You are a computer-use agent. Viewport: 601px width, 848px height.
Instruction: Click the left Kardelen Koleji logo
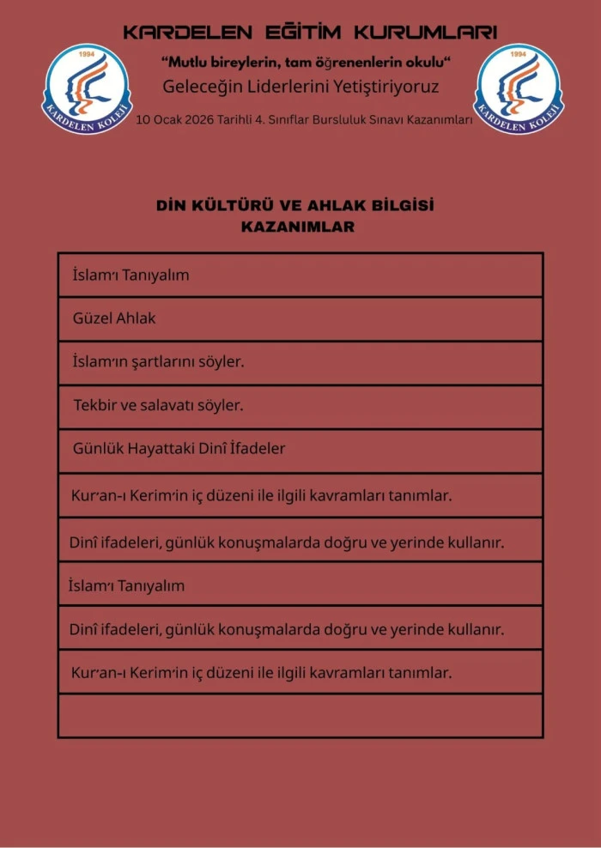click(x=88, y=89)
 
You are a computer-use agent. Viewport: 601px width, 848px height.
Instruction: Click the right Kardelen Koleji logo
click(x=519, y=89)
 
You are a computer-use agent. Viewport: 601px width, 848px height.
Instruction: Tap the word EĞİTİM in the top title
click(x=300, y=33)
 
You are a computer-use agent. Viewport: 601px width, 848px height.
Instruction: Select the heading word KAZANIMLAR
click(x=297, y=227)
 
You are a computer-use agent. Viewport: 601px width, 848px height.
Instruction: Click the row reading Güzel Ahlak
click(x=300, y=318)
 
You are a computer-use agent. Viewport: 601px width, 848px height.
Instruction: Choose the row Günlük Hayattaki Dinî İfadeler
click(x=300, y=450)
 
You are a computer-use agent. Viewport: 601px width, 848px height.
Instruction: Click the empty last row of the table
click(x=300, y=716)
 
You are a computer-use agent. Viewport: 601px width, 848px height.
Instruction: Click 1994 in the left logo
click(x=86, y=55)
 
